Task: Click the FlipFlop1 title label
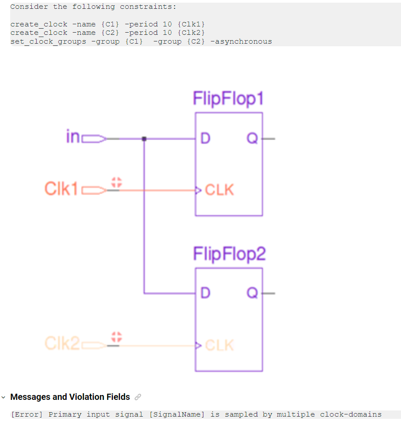pos(228,99)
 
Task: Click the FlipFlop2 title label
pos(229,254)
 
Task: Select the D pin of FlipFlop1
pos(205,138)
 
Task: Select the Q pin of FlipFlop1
pos(252,138)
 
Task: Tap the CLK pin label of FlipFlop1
pos(219,190)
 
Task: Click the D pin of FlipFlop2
pos(205,293)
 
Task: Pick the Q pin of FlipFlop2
pos(252,293)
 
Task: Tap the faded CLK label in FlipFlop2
pos(219,345)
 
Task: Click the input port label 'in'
pos(73,137)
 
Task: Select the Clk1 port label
pos(61,189)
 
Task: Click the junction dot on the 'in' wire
pos(144,139)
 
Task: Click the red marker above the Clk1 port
pos(116,182)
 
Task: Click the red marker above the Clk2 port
pos(116,337)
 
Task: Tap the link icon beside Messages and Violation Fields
pos(138,397)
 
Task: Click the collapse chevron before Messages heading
pos(4,397)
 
